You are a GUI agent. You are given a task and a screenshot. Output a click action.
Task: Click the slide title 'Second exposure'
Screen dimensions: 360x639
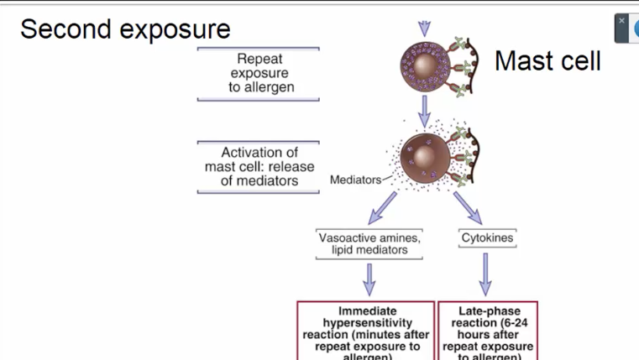click(125, 29)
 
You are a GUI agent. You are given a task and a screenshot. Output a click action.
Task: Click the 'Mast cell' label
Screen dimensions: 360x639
click(547, 61)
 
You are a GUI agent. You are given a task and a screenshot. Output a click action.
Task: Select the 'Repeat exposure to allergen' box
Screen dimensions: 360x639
click(258, 73)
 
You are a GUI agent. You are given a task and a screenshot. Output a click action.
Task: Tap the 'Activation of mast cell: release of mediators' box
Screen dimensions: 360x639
click(259, 166)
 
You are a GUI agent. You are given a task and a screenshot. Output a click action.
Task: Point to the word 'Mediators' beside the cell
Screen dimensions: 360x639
click(355, 180)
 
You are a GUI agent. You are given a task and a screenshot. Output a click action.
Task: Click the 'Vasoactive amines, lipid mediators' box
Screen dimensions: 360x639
click(369, 243)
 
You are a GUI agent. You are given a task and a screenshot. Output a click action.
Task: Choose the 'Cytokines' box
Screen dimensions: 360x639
click(487, 238)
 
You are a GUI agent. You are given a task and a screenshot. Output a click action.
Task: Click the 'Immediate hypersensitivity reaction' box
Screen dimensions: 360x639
click(366, 331)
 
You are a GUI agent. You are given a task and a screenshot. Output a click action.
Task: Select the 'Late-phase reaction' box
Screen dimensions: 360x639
click(488, 331)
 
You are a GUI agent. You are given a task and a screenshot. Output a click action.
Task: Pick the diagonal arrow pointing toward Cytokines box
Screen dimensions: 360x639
click(467, 206)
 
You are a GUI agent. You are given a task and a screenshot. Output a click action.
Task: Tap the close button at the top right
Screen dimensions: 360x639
click(622, 21)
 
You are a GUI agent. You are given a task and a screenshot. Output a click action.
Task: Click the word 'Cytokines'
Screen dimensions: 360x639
click(487, 238)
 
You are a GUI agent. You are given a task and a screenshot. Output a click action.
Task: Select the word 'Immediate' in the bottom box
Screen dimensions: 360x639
click(367, 311)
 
